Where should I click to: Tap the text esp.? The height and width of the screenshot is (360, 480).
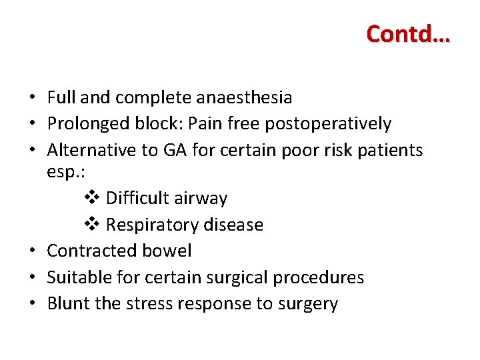click(x=65, y=172)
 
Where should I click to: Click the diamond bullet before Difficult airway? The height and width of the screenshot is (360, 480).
click(x=93, y=198)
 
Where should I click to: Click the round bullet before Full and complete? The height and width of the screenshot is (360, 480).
click(x=31, y=98)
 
